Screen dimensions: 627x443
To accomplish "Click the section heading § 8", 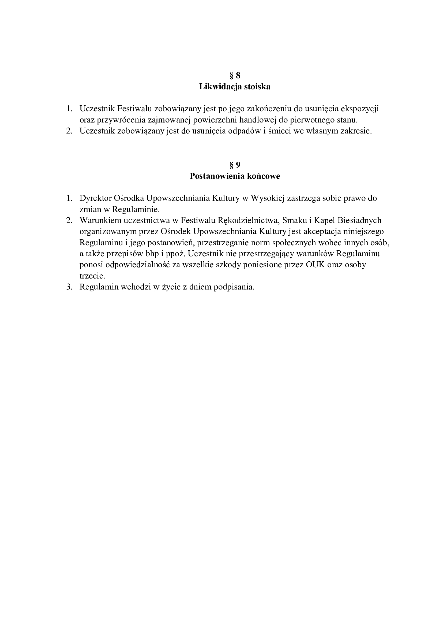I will (x=235, y=75).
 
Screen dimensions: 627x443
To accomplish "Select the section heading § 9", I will (x=235, y=165).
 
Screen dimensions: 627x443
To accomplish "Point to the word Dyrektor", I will (x=95, y=198).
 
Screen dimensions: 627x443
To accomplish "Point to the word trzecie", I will (x=92, y=276).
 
